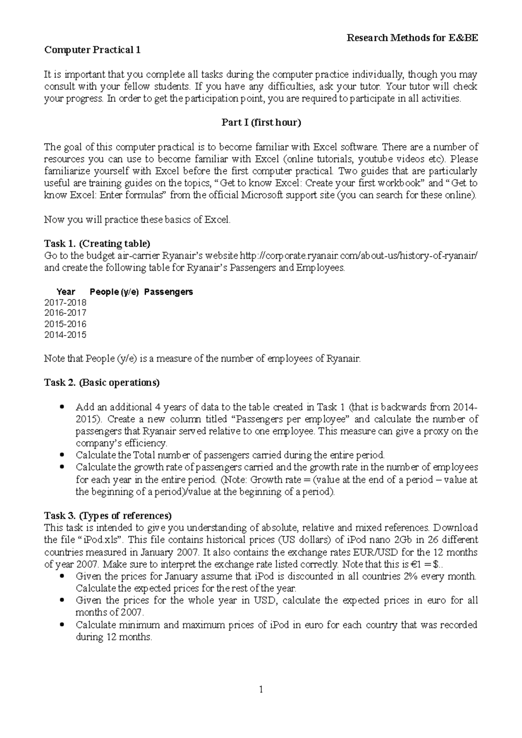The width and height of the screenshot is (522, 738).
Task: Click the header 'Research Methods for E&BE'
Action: (x=412, y=38)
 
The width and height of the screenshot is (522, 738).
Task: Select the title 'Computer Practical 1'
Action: (x=92, y=50)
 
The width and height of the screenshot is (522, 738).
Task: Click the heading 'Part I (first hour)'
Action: (x=261, y=123)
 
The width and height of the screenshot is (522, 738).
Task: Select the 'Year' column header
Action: (x=66, y=292)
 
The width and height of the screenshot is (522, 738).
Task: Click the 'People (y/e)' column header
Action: (x=114, y=292)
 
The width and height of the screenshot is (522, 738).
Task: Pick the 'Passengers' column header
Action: (x=168, y=292)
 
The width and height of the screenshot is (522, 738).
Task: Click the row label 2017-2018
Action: (x=65, y=303)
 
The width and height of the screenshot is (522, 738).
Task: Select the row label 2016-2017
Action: (x=65, y=313)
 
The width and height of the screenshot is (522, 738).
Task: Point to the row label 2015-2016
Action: (x=65, y=324)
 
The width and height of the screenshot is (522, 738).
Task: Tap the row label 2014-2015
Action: (x=65, y=335)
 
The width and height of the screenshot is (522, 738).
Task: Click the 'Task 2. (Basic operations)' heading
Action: (x=102, y=383)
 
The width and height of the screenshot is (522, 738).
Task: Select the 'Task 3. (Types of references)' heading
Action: (x=108, y=516)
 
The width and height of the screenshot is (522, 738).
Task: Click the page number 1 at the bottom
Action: (x=261, y=689)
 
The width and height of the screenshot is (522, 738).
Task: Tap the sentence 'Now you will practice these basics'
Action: (x=137, y=219)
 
